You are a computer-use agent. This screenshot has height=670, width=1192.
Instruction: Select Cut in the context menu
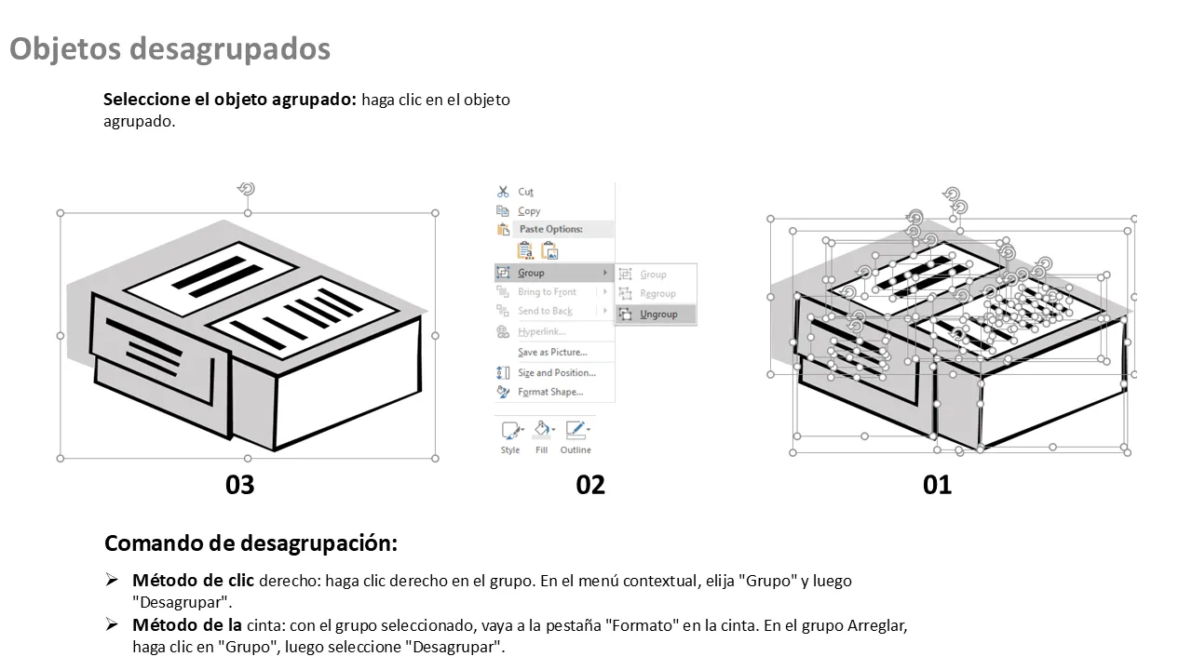pyautogui.click(x=525, y=192)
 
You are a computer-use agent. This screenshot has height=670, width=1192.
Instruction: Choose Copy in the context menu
pyautogui.click(x=529, y=211)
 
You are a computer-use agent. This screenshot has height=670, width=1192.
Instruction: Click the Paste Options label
pyautogui.click(x=550, y=229)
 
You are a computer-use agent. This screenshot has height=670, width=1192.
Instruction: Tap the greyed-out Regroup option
pyautogui.click(x=657, y=293)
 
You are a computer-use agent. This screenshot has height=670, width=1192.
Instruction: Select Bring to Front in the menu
pyautogui.click(x=547, y=292)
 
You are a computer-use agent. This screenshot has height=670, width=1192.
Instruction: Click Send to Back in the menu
pyautogui.click(x=545, y=311)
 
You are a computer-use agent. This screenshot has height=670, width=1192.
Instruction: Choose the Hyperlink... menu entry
pyautogui.click(x=541, y=332)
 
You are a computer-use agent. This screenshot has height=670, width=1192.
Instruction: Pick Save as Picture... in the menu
pyautogui.click(x=552, y=352)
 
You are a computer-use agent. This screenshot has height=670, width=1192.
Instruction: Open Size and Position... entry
pyautogui.click(x=557, y=373)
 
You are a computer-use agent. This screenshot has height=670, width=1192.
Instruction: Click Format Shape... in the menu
pyautogui.click(x=550, y=392)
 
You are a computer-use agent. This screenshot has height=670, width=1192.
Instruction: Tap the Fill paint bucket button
pyautogui.click(x=542, y=437)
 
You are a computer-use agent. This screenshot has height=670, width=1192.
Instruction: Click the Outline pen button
pyautogui.click(x=576, y=437)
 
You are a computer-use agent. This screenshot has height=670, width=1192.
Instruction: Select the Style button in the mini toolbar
pyautogui.click(x=511, y=437)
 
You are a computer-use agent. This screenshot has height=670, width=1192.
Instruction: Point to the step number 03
pyautogui.click(x=240, y=485)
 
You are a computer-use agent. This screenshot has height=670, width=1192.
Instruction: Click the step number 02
pyautogui.click(x=590, y=485)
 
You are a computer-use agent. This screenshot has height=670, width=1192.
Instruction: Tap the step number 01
pyautogui.click(x=937, y=485)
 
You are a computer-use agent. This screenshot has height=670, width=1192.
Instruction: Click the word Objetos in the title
pyautogui.click(x=65, y=49)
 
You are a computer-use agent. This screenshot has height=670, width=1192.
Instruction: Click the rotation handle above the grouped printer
pyautogui.click(x=247, y=189)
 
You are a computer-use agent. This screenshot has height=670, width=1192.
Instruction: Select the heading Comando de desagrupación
pyautogui.click(x=251, y=543)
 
